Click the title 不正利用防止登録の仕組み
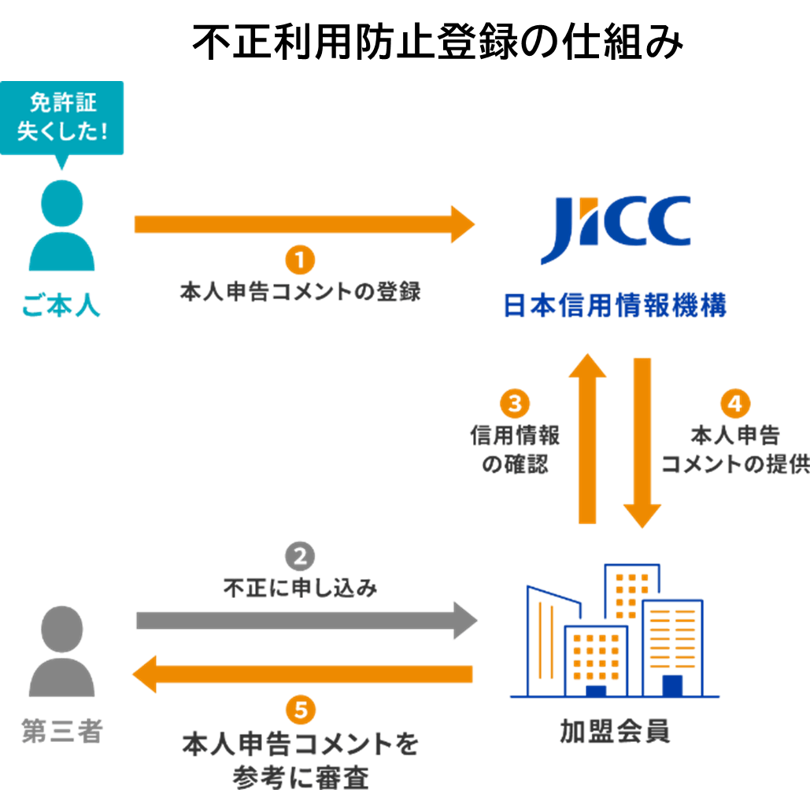point(437,42)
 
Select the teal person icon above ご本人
point(61,225)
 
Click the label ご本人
point(61,305)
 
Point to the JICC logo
point(616,228)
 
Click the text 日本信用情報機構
point(615,305)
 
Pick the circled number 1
point(300,259)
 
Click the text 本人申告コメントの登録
point(300,292)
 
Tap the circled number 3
point(515,404)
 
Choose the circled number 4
point(735,404)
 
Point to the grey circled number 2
point(300,557)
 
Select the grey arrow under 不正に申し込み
point(306,620)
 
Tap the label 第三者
point(61,732)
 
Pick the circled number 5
point(300,711)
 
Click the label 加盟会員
point(615,731)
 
